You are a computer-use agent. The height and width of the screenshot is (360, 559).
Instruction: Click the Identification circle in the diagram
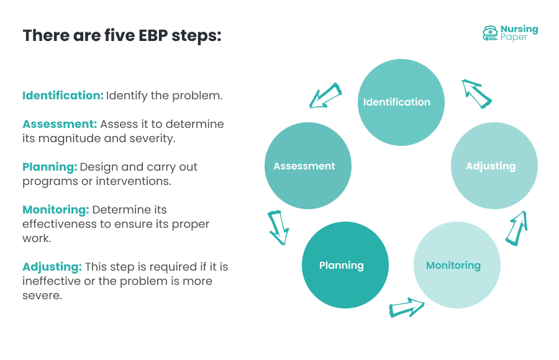401,102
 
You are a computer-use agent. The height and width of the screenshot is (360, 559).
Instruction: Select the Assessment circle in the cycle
308,166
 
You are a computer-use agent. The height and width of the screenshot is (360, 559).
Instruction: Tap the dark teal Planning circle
345,266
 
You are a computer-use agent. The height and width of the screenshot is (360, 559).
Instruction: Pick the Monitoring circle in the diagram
457,266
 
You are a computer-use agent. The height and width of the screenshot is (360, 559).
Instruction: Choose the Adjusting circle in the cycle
494,166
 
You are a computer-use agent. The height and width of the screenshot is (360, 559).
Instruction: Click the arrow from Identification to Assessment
326,96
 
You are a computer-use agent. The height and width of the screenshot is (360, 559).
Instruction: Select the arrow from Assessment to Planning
278,228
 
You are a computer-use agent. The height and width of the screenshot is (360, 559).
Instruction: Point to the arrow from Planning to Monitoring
406,307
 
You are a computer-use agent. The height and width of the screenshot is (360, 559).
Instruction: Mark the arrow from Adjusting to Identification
476,93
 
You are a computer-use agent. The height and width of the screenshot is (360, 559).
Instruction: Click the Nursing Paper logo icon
490,33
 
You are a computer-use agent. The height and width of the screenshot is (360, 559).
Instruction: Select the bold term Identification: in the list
63,96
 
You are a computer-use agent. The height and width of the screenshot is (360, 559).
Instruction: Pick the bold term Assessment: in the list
60,124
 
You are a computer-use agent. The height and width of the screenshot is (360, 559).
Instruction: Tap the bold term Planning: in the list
50,167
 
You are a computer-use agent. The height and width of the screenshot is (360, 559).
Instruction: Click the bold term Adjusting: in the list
52,267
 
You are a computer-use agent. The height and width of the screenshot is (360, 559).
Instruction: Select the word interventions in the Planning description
137,181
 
